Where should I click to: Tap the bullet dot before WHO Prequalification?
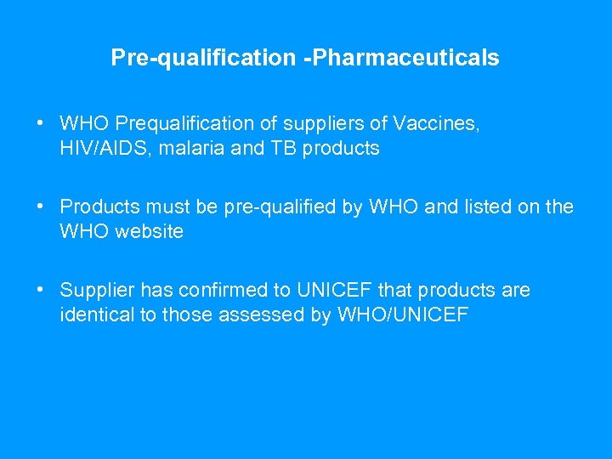pyautogui.click(x=41, y=124)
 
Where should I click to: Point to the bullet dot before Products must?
pyautogui.click(x=41, y=207)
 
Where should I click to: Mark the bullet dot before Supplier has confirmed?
pyautogui.click(x=41, y=290)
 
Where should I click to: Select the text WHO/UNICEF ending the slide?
pyautogui.click(x=402, y=314)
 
